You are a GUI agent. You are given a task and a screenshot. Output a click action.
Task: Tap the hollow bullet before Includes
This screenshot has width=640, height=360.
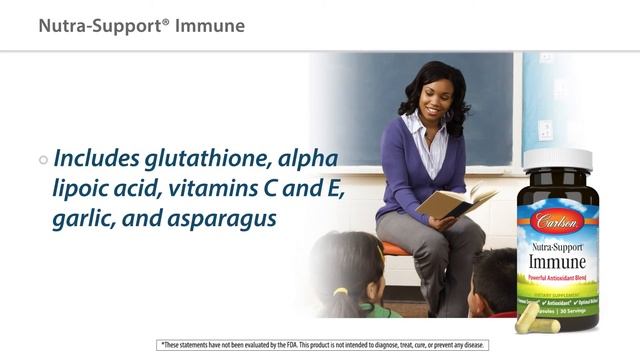tap(43, 160)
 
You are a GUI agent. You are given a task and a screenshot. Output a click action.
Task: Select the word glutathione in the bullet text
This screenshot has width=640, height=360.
tap(204, 159)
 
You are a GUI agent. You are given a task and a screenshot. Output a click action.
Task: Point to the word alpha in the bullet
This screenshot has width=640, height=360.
tap(309, 159)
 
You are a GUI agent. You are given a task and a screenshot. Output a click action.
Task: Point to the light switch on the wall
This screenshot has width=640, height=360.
tap(545, 130)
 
